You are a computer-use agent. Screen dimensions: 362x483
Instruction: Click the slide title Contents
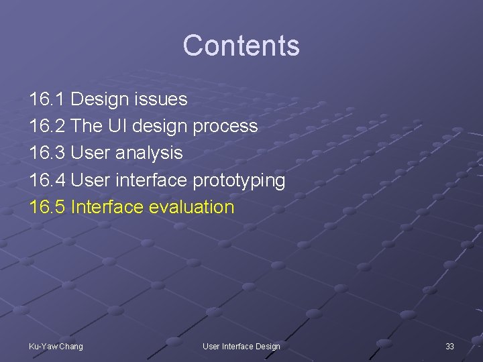[241, 46]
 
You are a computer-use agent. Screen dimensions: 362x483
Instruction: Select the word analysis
[148, 154]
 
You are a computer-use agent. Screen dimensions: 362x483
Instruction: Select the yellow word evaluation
[192, 206]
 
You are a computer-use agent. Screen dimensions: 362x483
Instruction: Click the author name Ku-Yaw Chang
[56, 346]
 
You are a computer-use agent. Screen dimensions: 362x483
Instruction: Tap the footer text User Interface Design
[241, 346]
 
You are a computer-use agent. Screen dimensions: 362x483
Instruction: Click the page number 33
[449, 346]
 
